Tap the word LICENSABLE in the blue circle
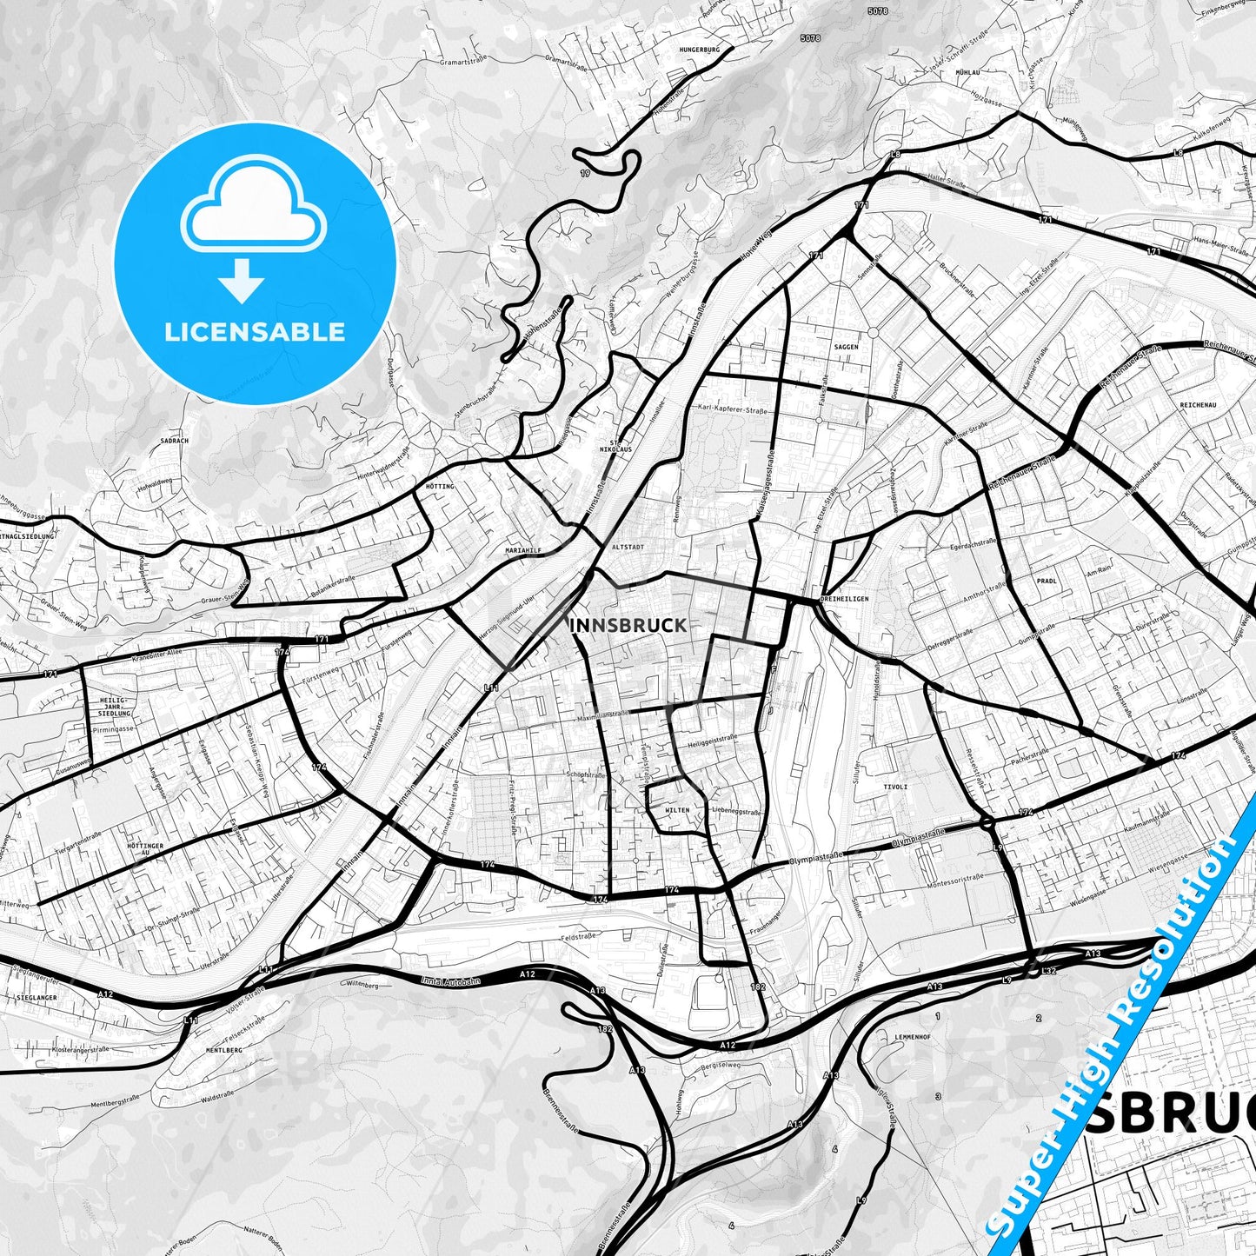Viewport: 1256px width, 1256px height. tap(255, 331)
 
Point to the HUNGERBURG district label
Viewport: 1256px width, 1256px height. tap(701, 50)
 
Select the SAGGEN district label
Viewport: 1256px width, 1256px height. tap(846, 347)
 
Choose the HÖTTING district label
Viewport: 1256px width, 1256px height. tap(441, 486)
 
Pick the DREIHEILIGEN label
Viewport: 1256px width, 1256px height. tap(844, 599)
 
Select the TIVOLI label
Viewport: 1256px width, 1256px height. tap(895, 787)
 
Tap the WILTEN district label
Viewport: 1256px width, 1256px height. tap(677, 810)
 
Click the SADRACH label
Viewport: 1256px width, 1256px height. tap(175, 441)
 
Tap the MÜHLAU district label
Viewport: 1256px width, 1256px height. tap(967, 72)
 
